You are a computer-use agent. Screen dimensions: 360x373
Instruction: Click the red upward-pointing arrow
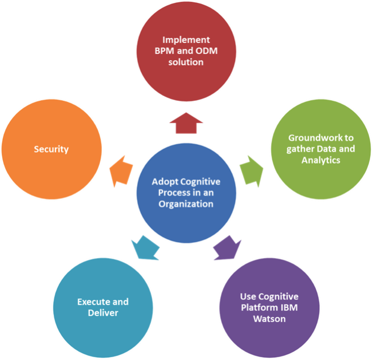[186, 122]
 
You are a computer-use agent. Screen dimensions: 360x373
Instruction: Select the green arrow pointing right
[252, 169]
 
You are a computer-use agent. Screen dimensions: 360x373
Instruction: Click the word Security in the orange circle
[51, 149]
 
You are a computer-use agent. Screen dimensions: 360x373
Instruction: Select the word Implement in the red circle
[186, 40]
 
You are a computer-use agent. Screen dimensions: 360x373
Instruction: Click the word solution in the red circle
[186, 61]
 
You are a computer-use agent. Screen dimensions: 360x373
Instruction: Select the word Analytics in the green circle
[321, 160]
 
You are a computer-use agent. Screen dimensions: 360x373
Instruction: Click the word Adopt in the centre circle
[164, 182]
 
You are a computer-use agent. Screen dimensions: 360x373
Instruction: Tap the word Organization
[186, 203]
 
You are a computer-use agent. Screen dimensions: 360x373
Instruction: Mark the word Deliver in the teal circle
[103, 312]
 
